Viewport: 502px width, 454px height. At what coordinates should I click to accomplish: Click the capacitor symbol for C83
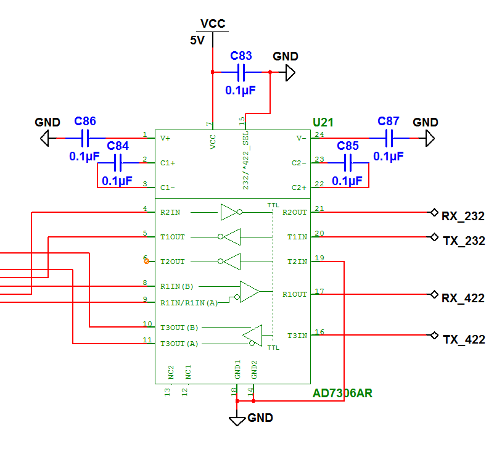[x=241, y=72]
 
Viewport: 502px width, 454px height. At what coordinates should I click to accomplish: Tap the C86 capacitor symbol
[x=86, y=138]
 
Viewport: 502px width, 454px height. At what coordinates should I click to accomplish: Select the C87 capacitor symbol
[x=389, y=138]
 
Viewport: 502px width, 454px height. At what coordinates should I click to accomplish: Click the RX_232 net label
[x=463, y=217]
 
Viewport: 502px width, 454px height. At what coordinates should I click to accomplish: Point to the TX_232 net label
[x=463, y=241]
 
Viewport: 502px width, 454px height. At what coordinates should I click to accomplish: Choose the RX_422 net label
[x=463, y=299]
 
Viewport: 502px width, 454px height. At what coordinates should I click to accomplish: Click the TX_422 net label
[x=464, y=340]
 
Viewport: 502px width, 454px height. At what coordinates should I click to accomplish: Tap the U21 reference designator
[x=323, y=123]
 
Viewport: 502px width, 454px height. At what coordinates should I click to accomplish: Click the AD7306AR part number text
[x=342, y=393]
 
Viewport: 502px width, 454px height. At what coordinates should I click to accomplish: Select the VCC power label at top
[x=213, y=25]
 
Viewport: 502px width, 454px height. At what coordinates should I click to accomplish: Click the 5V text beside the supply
[x=197, y=41]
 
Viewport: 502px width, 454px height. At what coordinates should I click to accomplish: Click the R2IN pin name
[x=170, y=212]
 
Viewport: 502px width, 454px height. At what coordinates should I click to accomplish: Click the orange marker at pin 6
[x=146, y=261]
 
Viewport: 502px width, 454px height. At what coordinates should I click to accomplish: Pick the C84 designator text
[x=118, y=146]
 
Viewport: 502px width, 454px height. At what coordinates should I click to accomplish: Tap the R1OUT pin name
[x=295, y=294]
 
